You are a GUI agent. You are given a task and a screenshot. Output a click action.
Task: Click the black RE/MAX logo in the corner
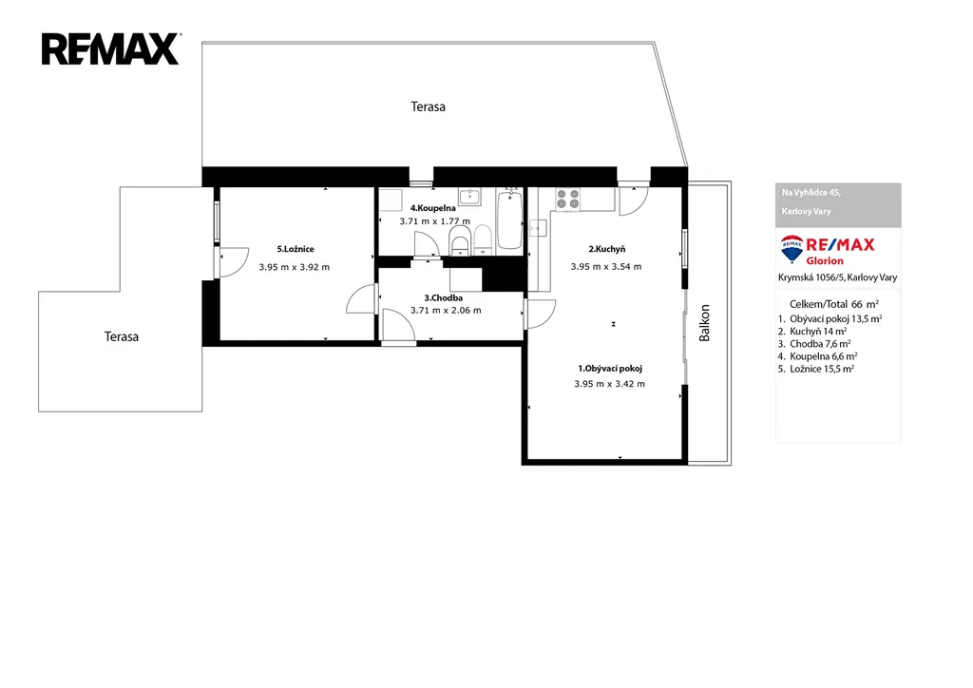(110, 49)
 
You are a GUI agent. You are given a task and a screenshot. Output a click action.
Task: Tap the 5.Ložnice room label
(296, 249)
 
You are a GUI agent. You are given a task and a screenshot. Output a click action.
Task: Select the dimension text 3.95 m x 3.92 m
(295, 267)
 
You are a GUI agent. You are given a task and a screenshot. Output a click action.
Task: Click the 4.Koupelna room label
(433, 208)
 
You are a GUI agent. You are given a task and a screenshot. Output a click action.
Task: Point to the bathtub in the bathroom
(510, 220)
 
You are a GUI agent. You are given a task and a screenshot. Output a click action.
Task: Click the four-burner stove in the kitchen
(567, 199)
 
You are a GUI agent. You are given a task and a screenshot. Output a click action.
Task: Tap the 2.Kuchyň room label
(607, 249)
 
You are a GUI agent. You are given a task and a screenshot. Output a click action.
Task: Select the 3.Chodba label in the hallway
(443, 298)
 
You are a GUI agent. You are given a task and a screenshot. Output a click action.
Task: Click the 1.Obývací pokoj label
(610, 369)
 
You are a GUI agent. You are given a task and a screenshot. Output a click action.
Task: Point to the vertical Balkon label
(704, 322)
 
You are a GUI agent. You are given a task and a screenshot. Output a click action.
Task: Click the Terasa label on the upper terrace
(429, 106)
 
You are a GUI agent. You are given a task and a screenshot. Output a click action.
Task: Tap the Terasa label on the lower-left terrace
(122, 336)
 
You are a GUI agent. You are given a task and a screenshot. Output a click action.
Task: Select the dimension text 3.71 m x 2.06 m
(446, 311)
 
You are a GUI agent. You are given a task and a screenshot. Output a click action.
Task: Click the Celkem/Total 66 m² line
(834, 304)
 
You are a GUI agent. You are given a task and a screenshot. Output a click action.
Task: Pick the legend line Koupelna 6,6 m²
(818, 356)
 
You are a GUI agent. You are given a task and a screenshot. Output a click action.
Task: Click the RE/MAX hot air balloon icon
(792, 249)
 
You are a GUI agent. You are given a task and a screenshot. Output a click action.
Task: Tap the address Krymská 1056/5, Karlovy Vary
(838, 277)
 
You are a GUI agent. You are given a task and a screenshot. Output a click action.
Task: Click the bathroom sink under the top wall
(469, 197)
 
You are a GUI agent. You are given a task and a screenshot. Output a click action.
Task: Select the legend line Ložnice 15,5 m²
(816, 369)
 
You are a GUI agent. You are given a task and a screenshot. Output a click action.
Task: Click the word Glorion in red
(825, 261)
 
